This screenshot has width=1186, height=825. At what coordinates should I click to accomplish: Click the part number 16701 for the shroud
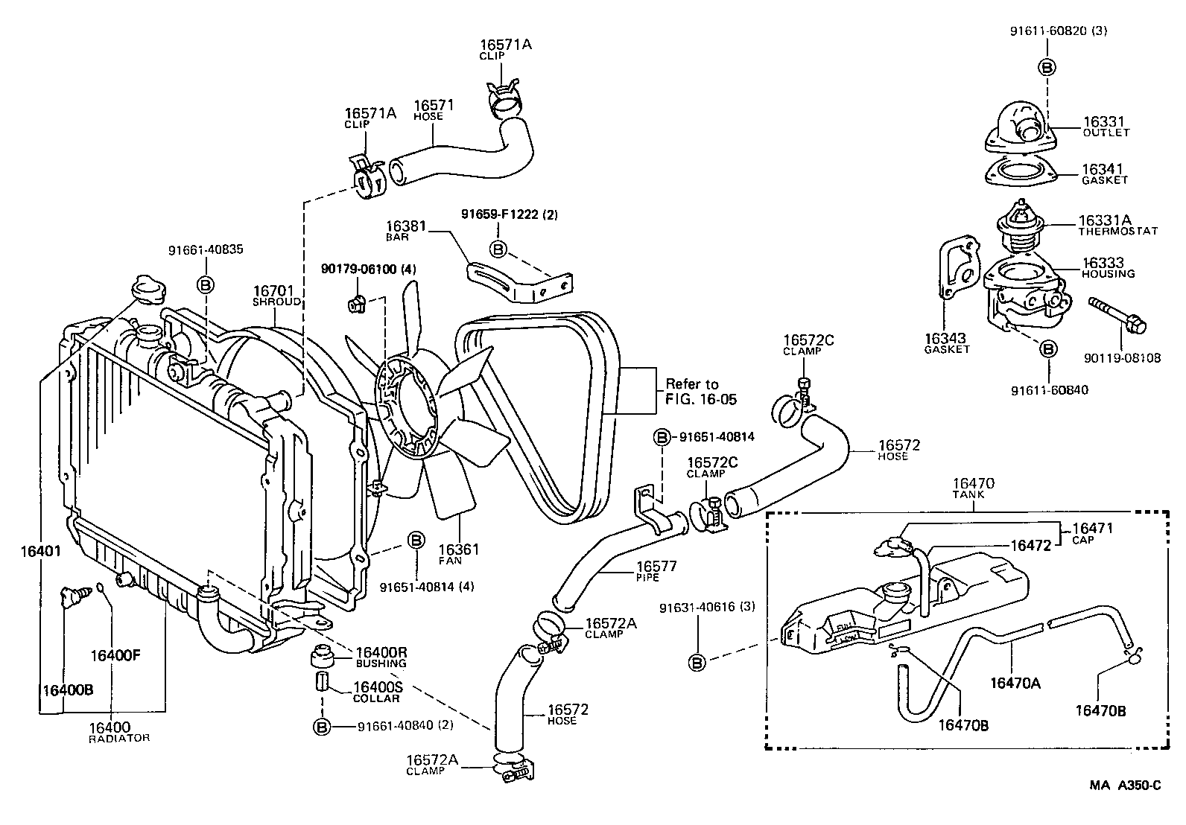tap(273, 291)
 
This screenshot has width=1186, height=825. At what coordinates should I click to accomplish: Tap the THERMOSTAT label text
tap(1117, 231)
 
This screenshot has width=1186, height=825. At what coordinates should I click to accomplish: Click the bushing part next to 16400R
tap(321, 658)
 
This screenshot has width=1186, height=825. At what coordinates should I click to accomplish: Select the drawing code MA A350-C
tap(1125, 785)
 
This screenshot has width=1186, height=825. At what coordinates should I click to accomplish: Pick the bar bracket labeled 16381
tap(518, 281)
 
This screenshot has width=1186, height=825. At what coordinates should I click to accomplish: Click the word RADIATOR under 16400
tap(119, 738)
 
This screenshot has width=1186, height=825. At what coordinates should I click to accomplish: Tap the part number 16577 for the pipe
tap(658, 567)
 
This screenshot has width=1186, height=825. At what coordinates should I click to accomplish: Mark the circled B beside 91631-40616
tap(697, 662)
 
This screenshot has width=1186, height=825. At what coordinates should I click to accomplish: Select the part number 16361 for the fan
tap(458, 550)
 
